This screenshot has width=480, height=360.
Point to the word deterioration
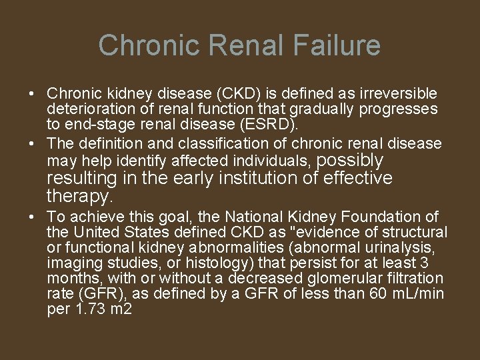click(x=88, y=109)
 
